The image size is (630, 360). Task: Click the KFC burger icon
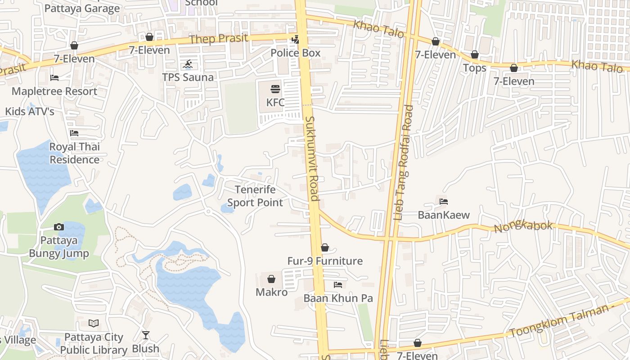[275, 89]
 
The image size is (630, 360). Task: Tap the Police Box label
[295, 53]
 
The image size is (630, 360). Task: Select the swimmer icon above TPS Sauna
[189, 64]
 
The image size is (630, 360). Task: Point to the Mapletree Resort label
[54, 91]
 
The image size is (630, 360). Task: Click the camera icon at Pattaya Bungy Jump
[59, 227]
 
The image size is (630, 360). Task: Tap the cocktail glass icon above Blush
[145, 335]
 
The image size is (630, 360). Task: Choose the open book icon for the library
[94, 323]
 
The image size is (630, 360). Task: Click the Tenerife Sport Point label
[255, 196]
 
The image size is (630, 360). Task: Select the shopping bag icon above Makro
[271, 279]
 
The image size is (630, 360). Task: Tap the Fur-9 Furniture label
[325, 261]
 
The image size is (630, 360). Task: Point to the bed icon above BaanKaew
[444, 202]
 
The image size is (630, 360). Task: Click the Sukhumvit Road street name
[312, 158]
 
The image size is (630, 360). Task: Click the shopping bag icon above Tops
[475, 55]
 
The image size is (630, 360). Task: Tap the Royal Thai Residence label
[74, 153]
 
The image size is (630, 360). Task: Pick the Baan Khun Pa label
[338, 298]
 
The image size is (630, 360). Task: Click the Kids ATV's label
[29, 112]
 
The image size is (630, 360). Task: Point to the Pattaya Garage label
[82, 8]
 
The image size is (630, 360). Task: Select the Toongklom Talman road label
[562, 321]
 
